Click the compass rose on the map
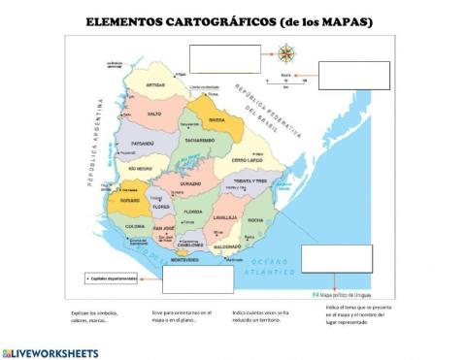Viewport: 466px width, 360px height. click(x=285, y=54)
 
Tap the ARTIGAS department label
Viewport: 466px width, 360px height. click(x=156, y=85)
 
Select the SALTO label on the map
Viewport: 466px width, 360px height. click(x=153, y=115)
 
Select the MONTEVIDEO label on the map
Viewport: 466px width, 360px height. click(x=184, y=260)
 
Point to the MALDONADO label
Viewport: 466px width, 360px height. click(x=226, y=247)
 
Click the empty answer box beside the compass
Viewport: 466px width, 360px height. click(x=225, y=59)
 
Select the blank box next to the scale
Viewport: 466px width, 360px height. click(x=353, y=75)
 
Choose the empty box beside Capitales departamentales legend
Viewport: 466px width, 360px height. click(x=198, y=278)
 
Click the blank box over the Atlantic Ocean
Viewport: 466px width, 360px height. click(x=336, y=258)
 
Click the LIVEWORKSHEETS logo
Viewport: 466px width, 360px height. click(x=50, y=350)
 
